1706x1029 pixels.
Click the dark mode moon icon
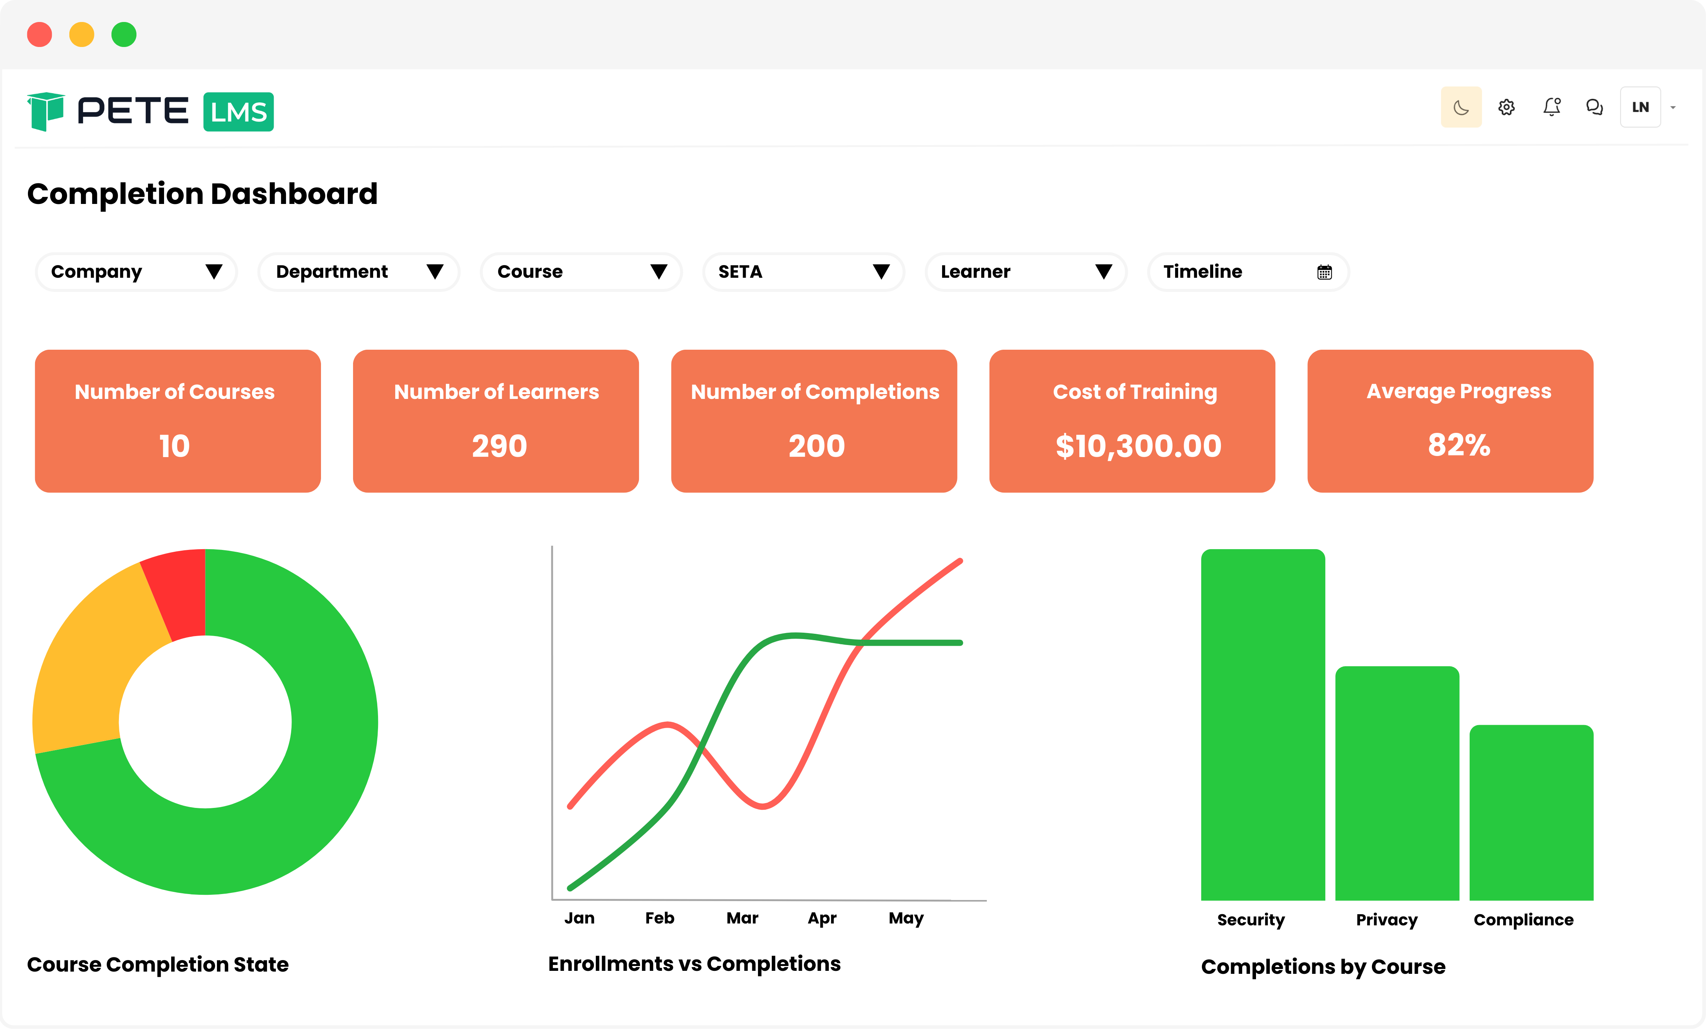tap(1461, 107)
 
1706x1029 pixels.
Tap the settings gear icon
tap(1507, 107)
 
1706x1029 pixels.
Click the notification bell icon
tap(1552, 107)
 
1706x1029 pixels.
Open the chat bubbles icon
tap(1595, 107)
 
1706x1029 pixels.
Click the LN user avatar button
tap(1640, 107)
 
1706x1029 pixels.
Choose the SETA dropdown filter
tap(803, 271)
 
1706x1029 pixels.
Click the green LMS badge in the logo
tap(238, 111)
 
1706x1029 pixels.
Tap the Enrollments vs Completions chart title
tap(694, 964)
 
